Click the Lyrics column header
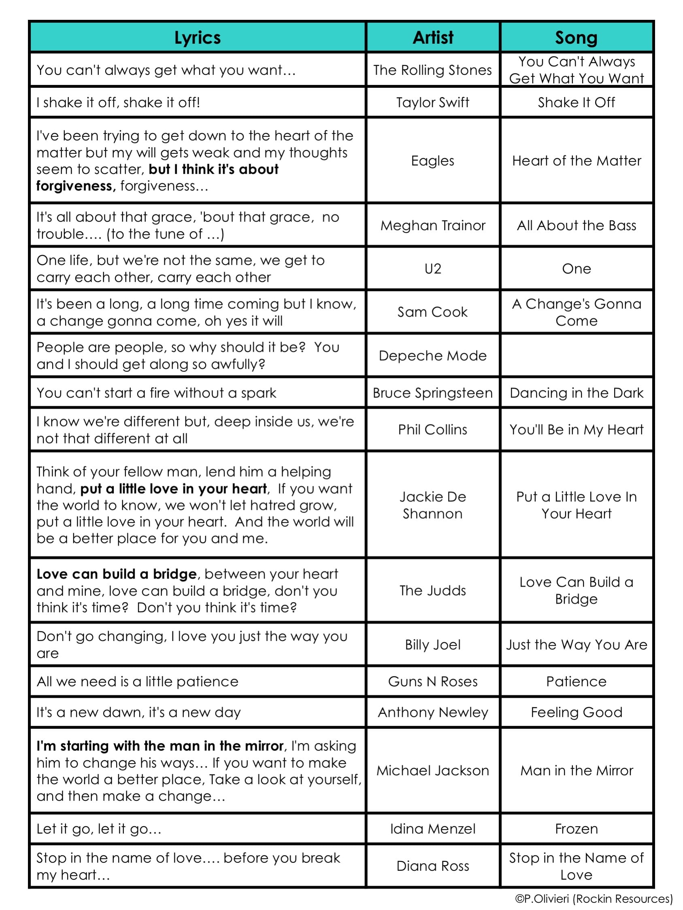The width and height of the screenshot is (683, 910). click(197, 38)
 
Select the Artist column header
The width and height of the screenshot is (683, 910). click(433, 38)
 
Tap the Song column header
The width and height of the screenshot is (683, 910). click(576, 38)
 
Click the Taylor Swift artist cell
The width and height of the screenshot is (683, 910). click(433, 102)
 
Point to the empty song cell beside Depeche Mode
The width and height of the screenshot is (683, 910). click(576, 355)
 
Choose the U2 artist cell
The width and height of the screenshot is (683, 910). click(433, 269)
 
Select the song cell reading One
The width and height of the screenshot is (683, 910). click(576, 269)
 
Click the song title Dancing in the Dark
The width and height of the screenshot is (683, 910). click(576, 393)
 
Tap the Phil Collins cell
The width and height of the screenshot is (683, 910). click(433, 429)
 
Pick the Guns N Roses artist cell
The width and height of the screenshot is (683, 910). click(433, 682)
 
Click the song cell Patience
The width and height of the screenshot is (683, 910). click(576, 682)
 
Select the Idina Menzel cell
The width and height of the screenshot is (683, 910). click(433, 829)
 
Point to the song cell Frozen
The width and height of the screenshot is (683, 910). click(576, 829)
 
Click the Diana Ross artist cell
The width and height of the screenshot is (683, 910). click(433, 866)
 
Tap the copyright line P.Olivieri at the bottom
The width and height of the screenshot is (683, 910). click(594, 899)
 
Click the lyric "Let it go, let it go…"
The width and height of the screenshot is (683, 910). click(99, 829)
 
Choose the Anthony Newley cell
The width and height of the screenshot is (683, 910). click(433, 712)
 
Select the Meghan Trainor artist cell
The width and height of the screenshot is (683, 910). click(433, 225)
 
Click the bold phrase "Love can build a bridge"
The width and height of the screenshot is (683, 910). click(117, 574)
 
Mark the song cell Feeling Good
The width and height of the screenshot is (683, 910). click(576, 712)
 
